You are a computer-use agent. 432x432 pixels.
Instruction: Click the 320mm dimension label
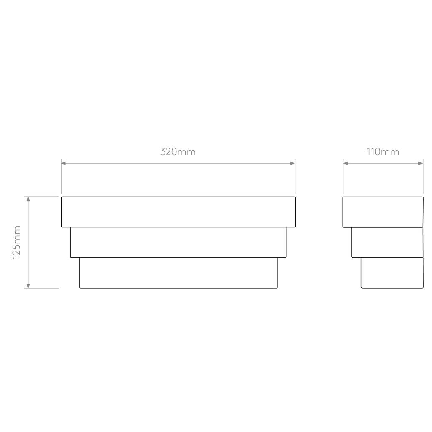click(178, 152)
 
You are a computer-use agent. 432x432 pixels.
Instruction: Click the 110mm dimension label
click(383, 152)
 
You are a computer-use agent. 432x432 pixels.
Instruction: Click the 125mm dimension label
click(17, 242)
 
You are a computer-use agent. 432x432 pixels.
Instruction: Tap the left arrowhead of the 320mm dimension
click(64, 163)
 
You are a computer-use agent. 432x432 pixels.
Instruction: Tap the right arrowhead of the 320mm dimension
click(293, 163)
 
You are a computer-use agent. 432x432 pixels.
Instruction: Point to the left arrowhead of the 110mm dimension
click(346, 163)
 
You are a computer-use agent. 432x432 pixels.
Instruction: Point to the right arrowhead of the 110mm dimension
click(421, 163)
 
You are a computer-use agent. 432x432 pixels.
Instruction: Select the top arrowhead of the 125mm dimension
click(28, 199)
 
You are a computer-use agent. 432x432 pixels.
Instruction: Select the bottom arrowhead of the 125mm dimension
click(28, 286)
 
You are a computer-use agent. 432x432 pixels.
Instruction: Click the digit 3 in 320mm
click(163, 152)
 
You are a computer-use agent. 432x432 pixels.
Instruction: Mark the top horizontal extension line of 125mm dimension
click(41, 197)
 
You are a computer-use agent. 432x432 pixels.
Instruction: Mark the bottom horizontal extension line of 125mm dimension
click(41, 288)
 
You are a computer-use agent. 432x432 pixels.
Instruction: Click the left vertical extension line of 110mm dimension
click(343, 176)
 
